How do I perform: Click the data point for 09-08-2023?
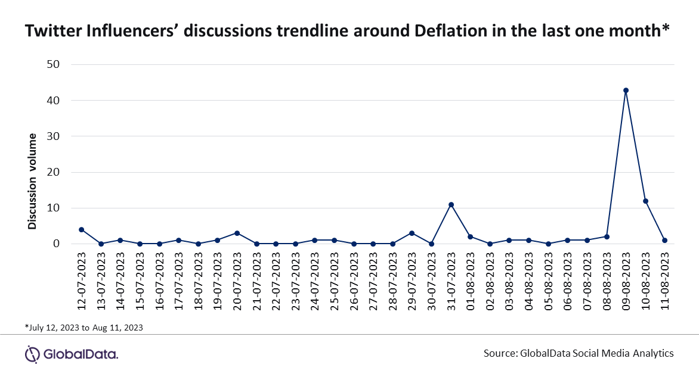click(626, 91)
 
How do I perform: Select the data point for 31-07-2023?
click(451, 205)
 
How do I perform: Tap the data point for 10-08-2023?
click(645, 201)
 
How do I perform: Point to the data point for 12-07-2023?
click(82, 230)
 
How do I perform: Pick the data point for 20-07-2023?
click(237, 233)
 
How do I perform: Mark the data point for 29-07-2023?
click(412, 233)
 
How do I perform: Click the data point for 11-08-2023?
click(664, 241)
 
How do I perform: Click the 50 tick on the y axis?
click(52, 64)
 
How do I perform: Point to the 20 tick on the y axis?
click(52, 172)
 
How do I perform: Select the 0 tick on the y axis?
click(56, 244)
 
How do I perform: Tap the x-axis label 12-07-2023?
click(82, 281)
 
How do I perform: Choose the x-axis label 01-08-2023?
click(471, 281)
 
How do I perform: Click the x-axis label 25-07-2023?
click(335, 281)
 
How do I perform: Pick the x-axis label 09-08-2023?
click(626, 281)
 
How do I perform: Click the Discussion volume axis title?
click(32, 181)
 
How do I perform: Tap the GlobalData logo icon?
click(32, 354)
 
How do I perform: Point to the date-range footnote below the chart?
click(84, 328)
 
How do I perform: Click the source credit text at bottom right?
click(579, 354)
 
